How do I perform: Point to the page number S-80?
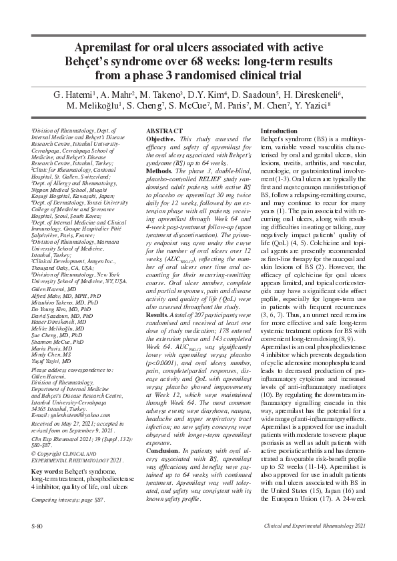[x=39, y=545]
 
